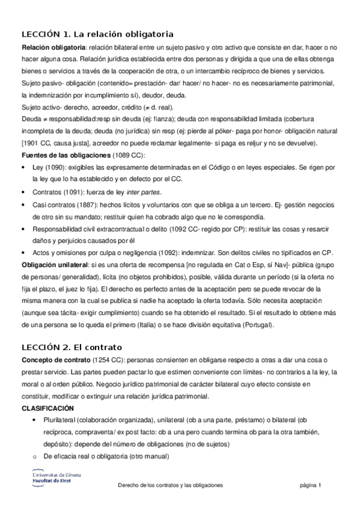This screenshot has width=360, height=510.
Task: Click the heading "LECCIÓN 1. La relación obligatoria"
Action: click(x=97, y=34)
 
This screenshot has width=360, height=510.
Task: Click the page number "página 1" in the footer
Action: click(x=311, y=485)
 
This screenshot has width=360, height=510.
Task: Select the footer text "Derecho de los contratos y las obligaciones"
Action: click(x=170, y=485)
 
